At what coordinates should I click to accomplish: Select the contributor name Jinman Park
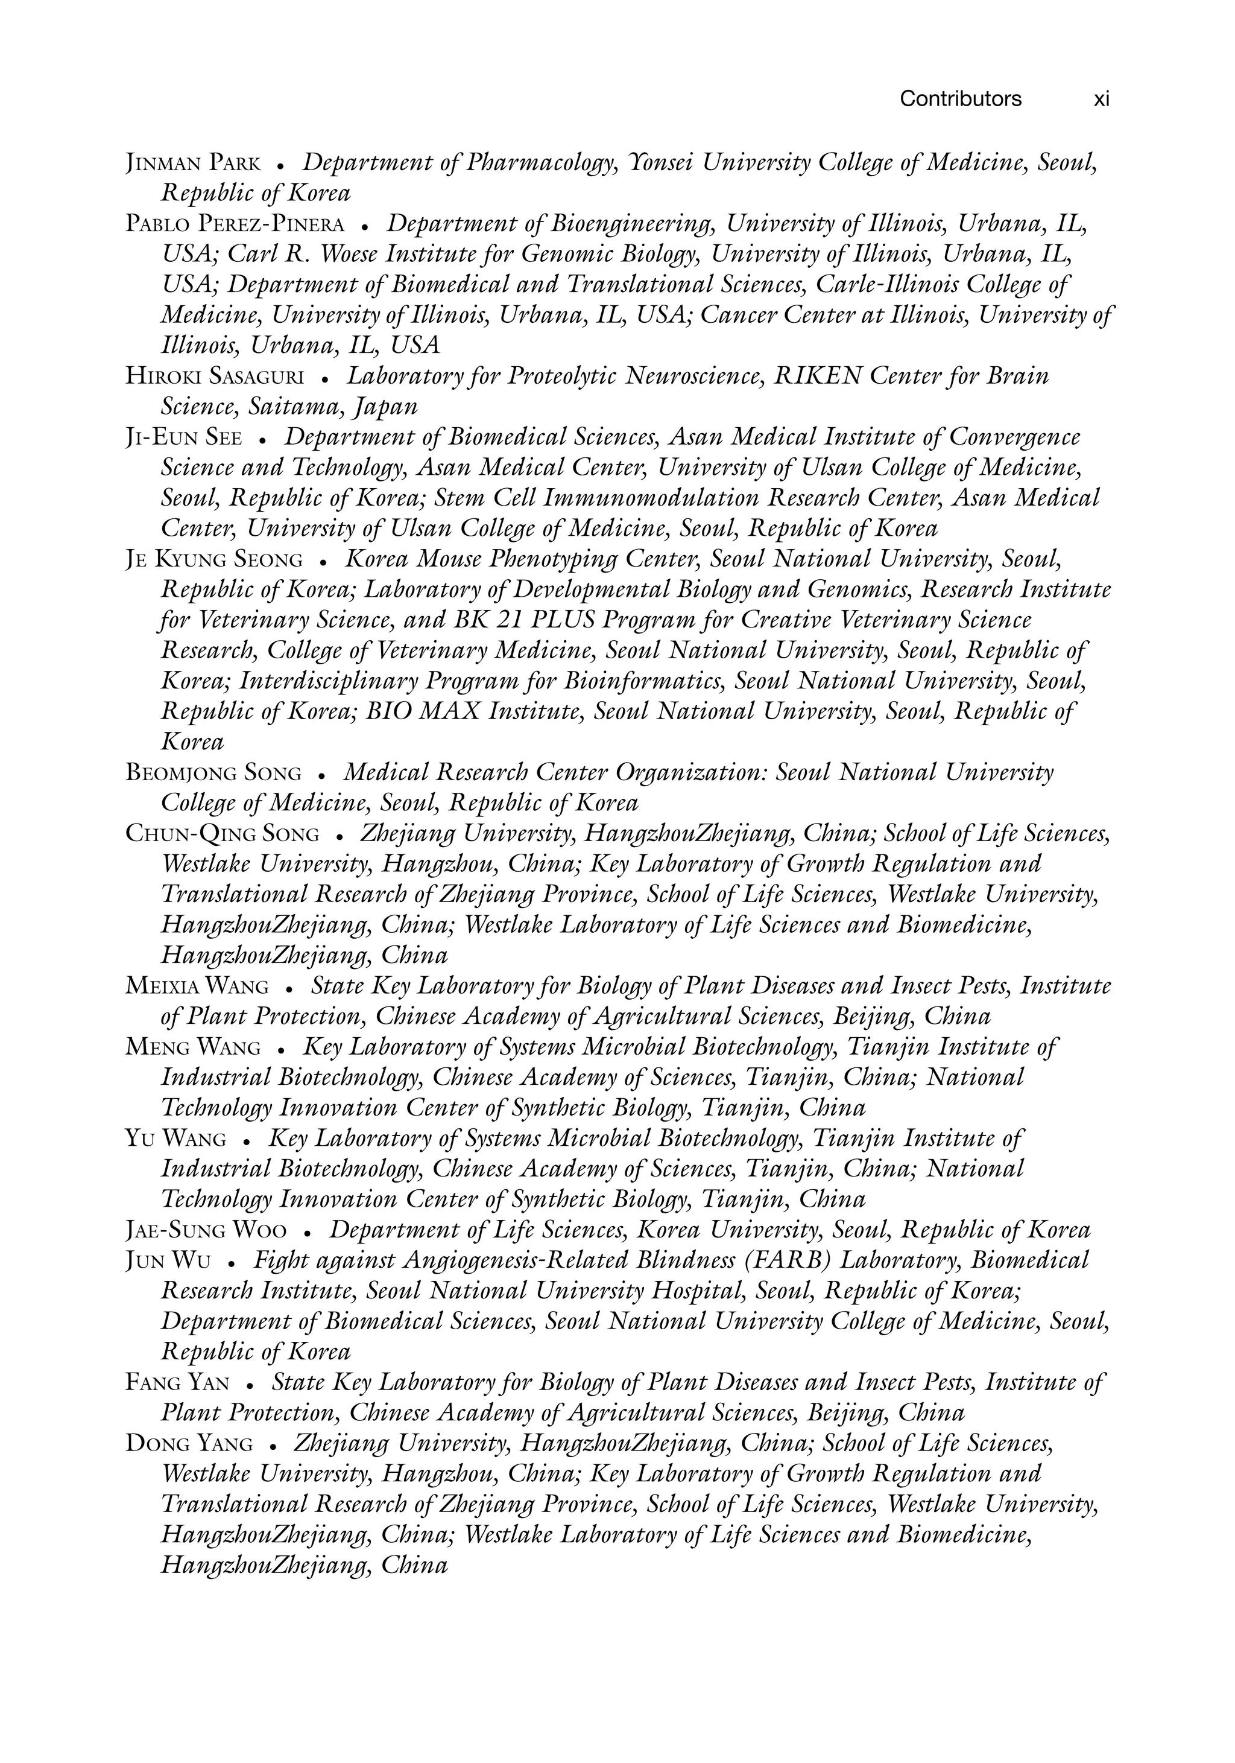coord(194,164)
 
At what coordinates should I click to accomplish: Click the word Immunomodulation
coord(650,498)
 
